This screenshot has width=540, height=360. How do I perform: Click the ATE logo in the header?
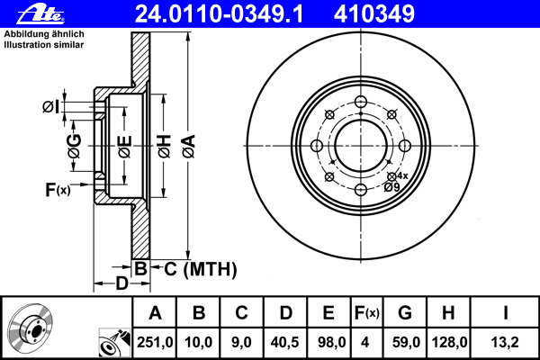tap(40, 14)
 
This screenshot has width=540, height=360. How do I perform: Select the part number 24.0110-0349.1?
tap(219, 14)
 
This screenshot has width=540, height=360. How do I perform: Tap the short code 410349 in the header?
tap(374, 14)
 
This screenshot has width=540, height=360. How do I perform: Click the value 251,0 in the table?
tap(155, 342)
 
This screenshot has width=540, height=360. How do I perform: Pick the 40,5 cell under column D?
tap(284, 342)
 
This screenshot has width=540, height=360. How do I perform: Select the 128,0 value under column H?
tap(449, 342)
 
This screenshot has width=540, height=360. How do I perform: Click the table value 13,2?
tap(505, 342)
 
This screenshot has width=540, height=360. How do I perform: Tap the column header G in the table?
tap(405, 313)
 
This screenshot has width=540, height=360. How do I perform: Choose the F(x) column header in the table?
tap(366, 313)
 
